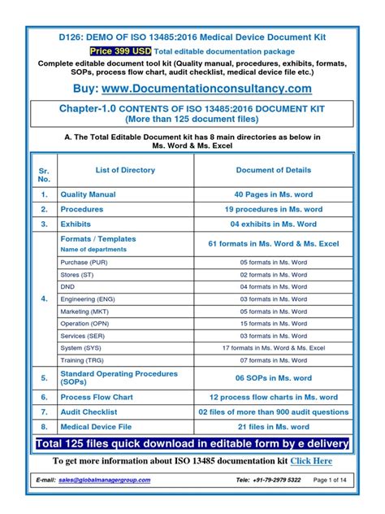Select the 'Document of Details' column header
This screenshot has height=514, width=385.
(273, 170)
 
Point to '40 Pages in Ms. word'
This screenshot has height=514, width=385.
(273, 195)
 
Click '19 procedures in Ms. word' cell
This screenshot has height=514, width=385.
(273, 209)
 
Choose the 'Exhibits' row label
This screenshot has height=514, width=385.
(77, 223)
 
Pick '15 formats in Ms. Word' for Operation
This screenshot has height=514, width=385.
(273, 324)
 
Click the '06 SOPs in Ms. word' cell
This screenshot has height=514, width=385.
(273, 378)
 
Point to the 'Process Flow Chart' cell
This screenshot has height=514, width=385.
(97, 397)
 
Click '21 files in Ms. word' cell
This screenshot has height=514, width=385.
(273, 425)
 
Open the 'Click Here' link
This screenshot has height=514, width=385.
(312, 461)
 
